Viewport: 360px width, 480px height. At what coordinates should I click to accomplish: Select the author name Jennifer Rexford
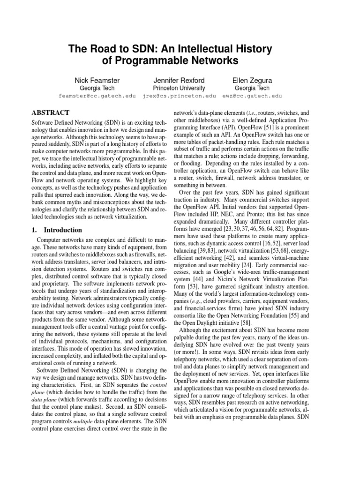tap(179, 80)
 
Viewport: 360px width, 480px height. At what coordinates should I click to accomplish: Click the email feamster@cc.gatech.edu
tap(97, 96)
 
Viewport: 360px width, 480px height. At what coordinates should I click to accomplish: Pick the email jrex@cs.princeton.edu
tap(179, 96)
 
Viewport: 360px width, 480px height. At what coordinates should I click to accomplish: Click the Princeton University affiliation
tap(179, 88)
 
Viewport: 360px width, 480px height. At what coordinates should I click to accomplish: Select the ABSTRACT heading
tap(50, 113)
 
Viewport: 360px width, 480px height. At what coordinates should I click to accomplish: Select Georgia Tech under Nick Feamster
tap(97, 88)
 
